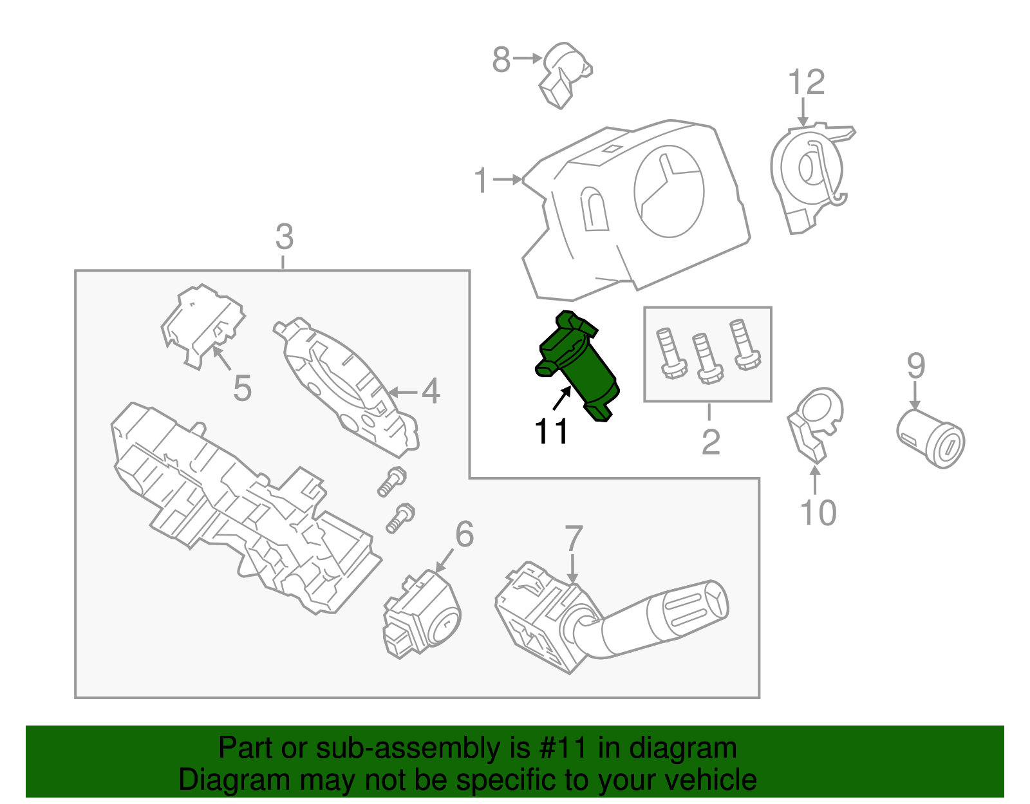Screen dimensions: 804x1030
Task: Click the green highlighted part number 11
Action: (577, 366)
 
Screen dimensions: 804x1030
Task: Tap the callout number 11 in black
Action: (551, 431)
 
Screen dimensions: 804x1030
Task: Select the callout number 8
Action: (501, 59)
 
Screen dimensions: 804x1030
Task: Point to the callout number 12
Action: (806, 82)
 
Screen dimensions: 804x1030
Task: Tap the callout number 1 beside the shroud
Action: (482, 180)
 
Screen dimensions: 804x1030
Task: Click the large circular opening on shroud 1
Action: (669, 191)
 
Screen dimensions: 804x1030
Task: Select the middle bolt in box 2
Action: (707, 358)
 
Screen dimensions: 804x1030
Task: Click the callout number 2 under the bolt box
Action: (710, 442)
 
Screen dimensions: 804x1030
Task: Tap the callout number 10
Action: (818, 513)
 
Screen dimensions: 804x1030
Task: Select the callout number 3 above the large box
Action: (284, 237)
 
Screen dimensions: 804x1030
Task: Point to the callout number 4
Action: (430, 391)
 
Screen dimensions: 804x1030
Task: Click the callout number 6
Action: (464, 534)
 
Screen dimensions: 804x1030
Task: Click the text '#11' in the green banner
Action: (561, 748)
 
